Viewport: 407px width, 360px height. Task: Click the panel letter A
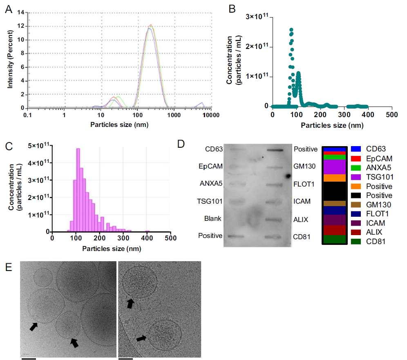(8, 9)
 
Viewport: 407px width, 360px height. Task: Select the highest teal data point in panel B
(291, 30)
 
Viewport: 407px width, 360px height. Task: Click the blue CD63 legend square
(355, 149)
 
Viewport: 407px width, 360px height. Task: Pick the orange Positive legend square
(355, 186)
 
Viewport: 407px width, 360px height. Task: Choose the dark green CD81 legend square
(355, 242)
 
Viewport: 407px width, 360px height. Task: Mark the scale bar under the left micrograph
(29, 359)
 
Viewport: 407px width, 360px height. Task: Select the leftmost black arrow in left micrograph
(33, 326)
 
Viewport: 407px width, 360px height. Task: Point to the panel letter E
(8, 268)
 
